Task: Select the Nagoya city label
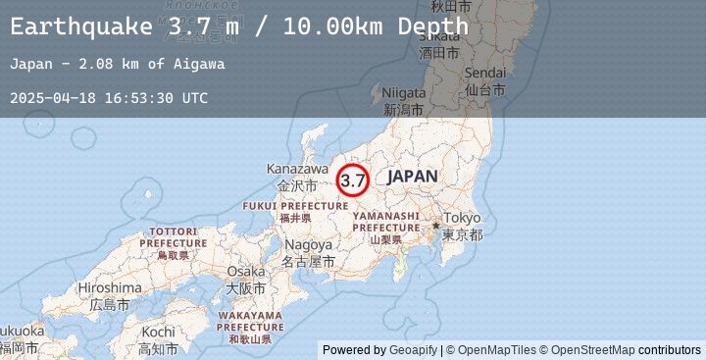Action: (x=309, y=245)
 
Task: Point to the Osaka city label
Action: (x=245, y=272)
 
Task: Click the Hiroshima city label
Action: (x=110, y=287)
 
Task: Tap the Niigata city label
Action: (x=404, y=92)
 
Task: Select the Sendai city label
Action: (x=485, y=74)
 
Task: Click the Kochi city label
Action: (x=157, y=333)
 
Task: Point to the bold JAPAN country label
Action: (x=412, y=177)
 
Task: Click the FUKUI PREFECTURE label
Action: (x=294, y=206)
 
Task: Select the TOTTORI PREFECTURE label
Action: (x=173, y=236)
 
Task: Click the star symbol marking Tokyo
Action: (x=436, y=226)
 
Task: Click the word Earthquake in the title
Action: (x=81, y=26)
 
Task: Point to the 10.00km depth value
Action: (x=336, y=26)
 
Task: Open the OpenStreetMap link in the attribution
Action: (x=599, y=350)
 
